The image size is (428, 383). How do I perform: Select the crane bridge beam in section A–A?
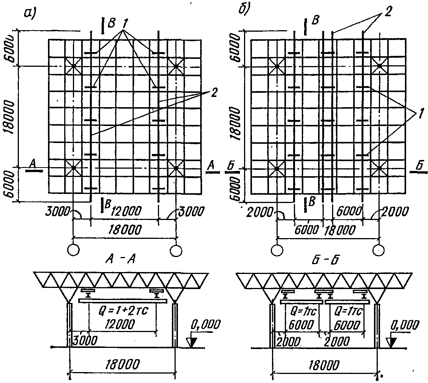[x=123, y=301]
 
